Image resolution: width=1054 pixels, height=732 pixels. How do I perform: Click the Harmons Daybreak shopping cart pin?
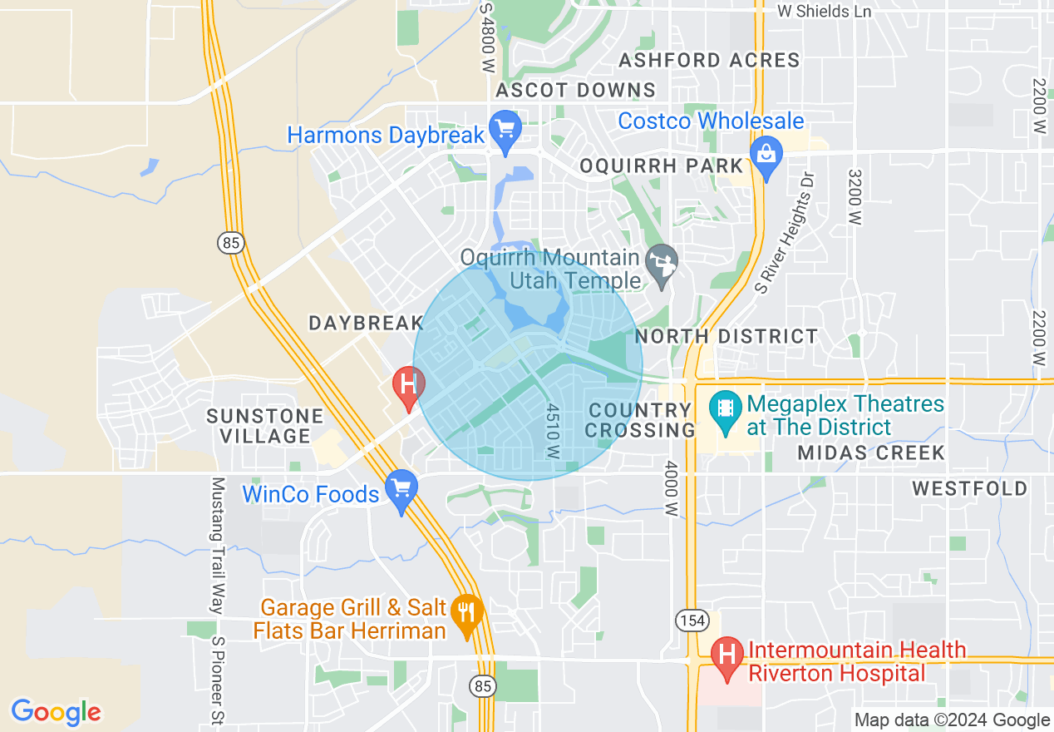click(x=505, y=130)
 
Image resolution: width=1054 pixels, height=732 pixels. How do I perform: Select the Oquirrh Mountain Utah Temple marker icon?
click(x=662, y=264)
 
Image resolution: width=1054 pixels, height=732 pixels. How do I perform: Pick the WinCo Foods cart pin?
click(x=401, y=489)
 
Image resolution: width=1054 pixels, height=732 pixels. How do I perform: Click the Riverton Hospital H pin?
click(x=728, y=655)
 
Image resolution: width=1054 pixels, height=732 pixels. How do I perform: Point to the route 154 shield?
click(x=692, y=621)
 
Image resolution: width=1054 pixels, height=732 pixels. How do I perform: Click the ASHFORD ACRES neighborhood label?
click(x=709, y=60)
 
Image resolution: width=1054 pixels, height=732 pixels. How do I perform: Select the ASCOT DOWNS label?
click(x=575, y=90)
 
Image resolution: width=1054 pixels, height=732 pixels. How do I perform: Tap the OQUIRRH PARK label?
click(x=661, y=166)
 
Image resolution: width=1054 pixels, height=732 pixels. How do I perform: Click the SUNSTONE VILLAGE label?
click(x=264, y=425)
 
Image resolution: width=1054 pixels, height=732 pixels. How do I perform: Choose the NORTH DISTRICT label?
click(x=726, y=336)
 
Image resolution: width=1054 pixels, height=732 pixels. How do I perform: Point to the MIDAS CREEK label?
click(x=870, y=453)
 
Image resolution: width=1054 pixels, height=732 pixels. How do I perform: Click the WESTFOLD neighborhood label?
click(x=969, y=488)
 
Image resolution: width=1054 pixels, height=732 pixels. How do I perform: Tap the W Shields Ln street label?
click(x=824, y=11)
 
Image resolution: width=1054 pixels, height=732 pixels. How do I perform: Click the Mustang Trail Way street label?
click(x=218, y=545)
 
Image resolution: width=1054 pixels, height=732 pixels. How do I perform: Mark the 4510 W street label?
click(x=553, y=431)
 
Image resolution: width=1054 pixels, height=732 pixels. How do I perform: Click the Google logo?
click(x=56, y=712)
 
